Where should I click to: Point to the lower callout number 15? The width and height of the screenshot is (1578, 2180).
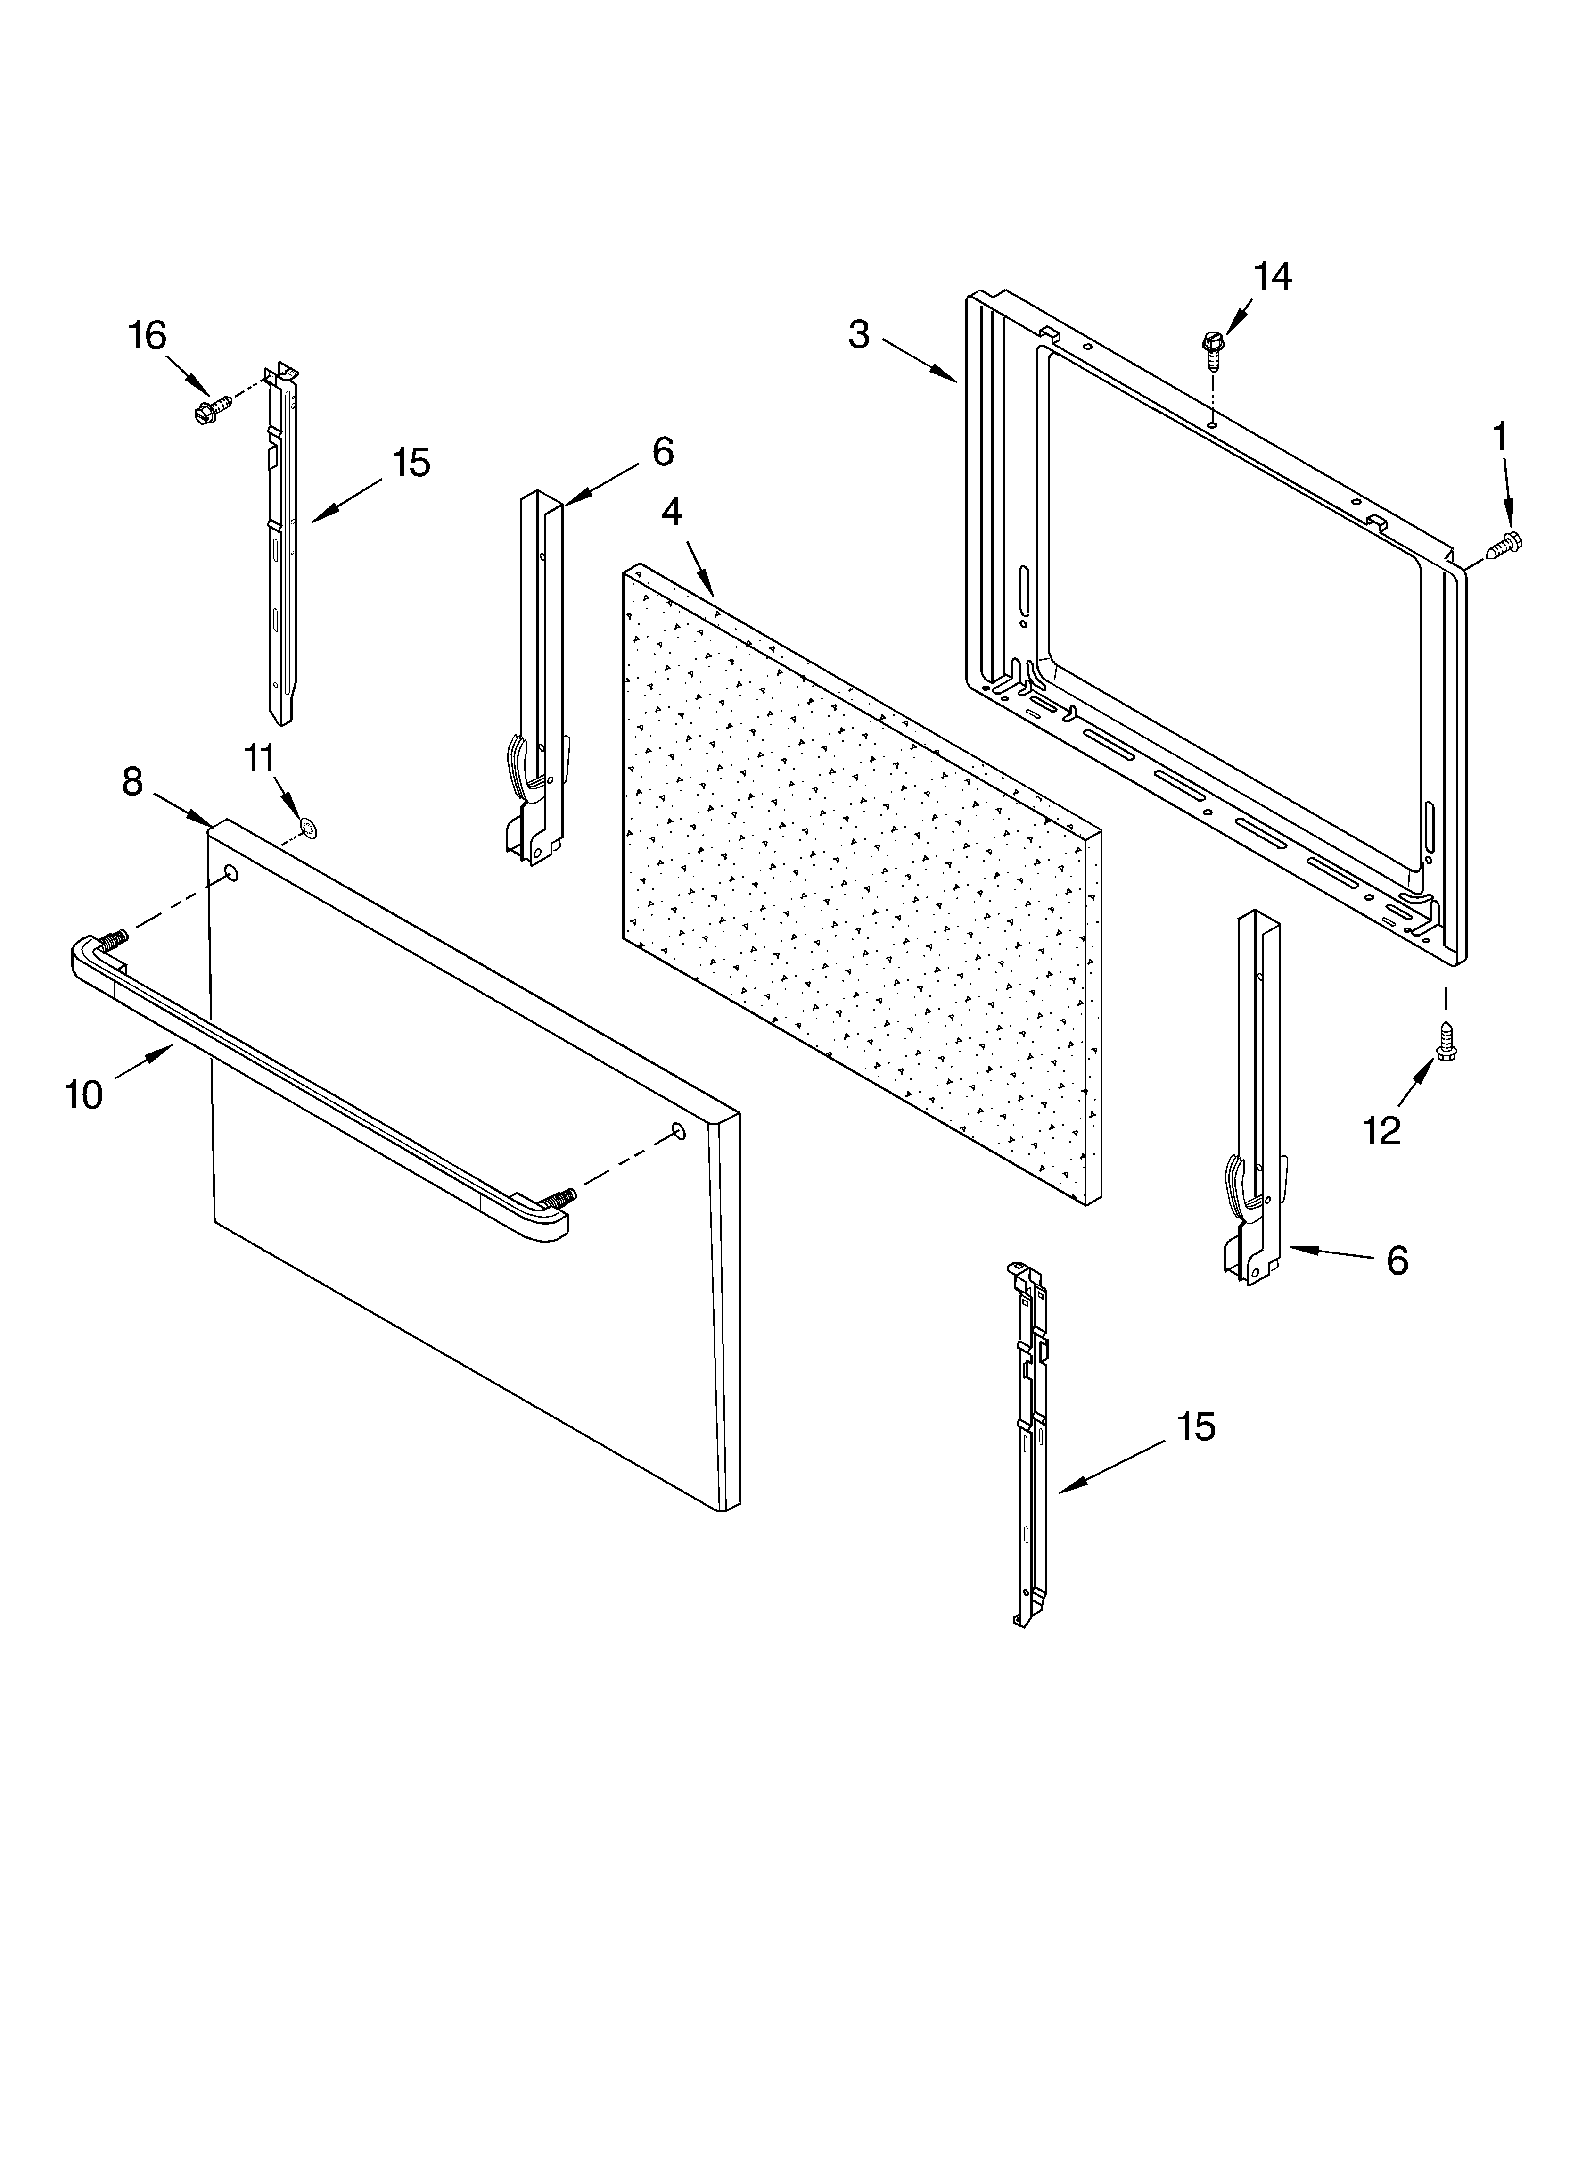(1197, 1426)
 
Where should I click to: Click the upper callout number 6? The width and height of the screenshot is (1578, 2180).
(662, 451)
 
